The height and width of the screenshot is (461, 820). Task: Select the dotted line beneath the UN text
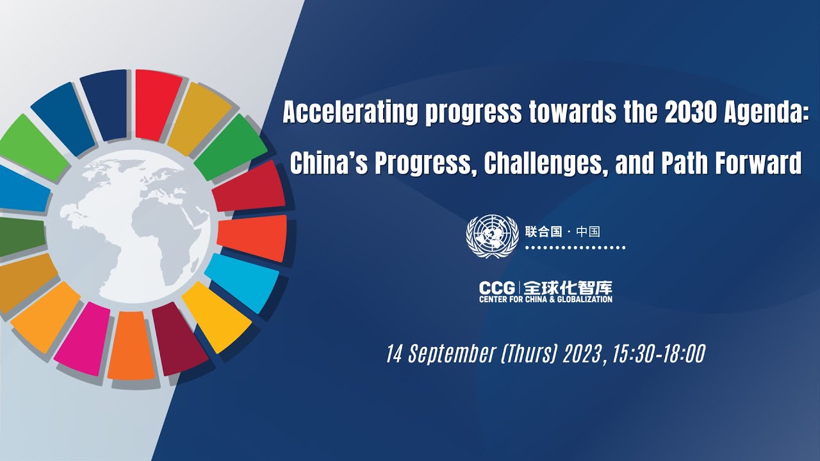tap(575, 247)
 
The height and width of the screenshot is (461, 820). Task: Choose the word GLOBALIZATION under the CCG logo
tap(584, 299)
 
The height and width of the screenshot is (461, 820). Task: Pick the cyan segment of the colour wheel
tap(242, 282)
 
